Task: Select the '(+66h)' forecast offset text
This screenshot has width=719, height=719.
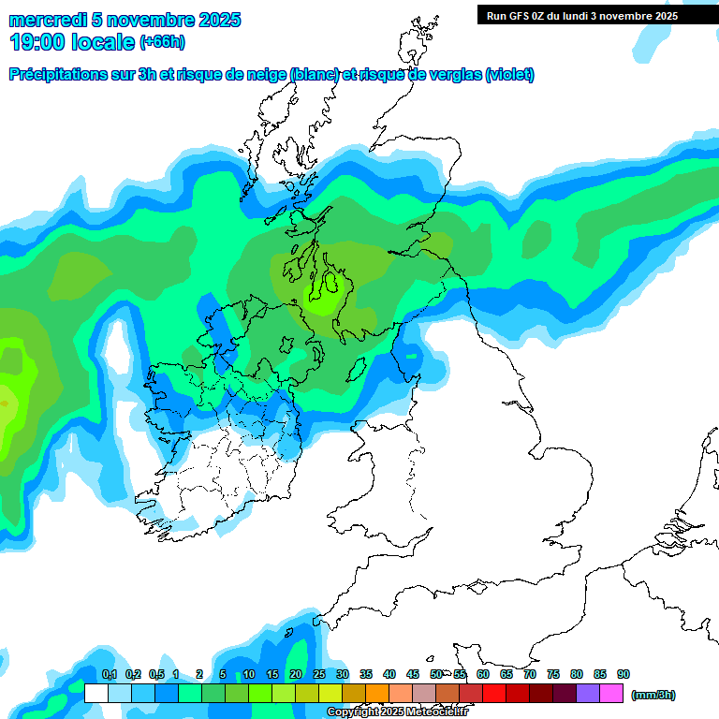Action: click(161, 42)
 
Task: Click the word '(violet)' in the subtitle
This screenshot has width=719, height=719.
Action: click(509, 75)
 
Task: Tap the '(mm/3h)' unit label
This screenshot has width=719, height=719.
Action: click(653, 695)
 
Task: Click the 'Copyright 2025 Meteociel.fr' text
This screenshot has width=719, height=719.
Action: click(397, 712)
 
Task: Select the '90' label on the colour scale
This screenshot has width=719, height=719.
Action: click(624, 674)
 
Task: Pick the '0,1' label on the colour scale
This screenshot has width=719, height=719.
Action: click(109, 674)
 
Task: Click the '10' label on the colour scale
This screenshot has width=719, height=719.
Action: click(249, 674)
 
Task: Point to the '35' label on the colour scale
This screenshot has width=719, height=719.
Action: click(366, 674)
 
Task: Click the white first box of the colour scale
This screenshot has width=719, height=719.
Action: click(95, 694)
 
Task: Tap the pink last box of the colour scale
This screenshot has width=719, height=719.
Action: click(612, 694)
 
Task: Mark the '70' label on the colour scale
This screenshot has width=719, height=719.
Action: click(530, 674)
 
